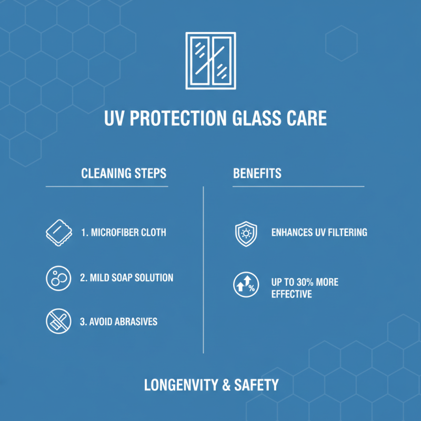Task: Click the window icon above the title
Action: (x=210, y=61)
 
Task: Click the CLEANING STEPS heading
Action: (x=124, y=173)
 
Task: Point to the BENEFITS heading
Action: (x=257, y=173)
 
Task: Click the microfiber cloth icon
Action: (x=58, y=232)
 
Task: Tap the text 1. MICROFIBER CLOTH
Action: (x=123, y=232)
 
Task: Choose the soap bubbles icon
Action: (x=58, y=278)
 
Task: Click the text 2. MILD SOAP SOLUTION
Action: (x=126, y=277)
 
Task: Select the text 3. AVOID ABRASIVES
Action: (x=118, y=322)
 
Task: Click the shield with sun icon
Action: (x=245, y=233)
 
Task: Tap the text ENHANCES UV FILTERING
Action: (x=319, y=232)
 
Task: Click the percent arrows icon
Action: (x=245, y=284)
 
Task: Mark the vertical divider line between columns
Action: (x=203, y=268)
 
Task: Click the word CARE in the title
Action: (x=307, y=118)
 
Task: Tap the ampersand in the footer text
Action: (x=226, y=385)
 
